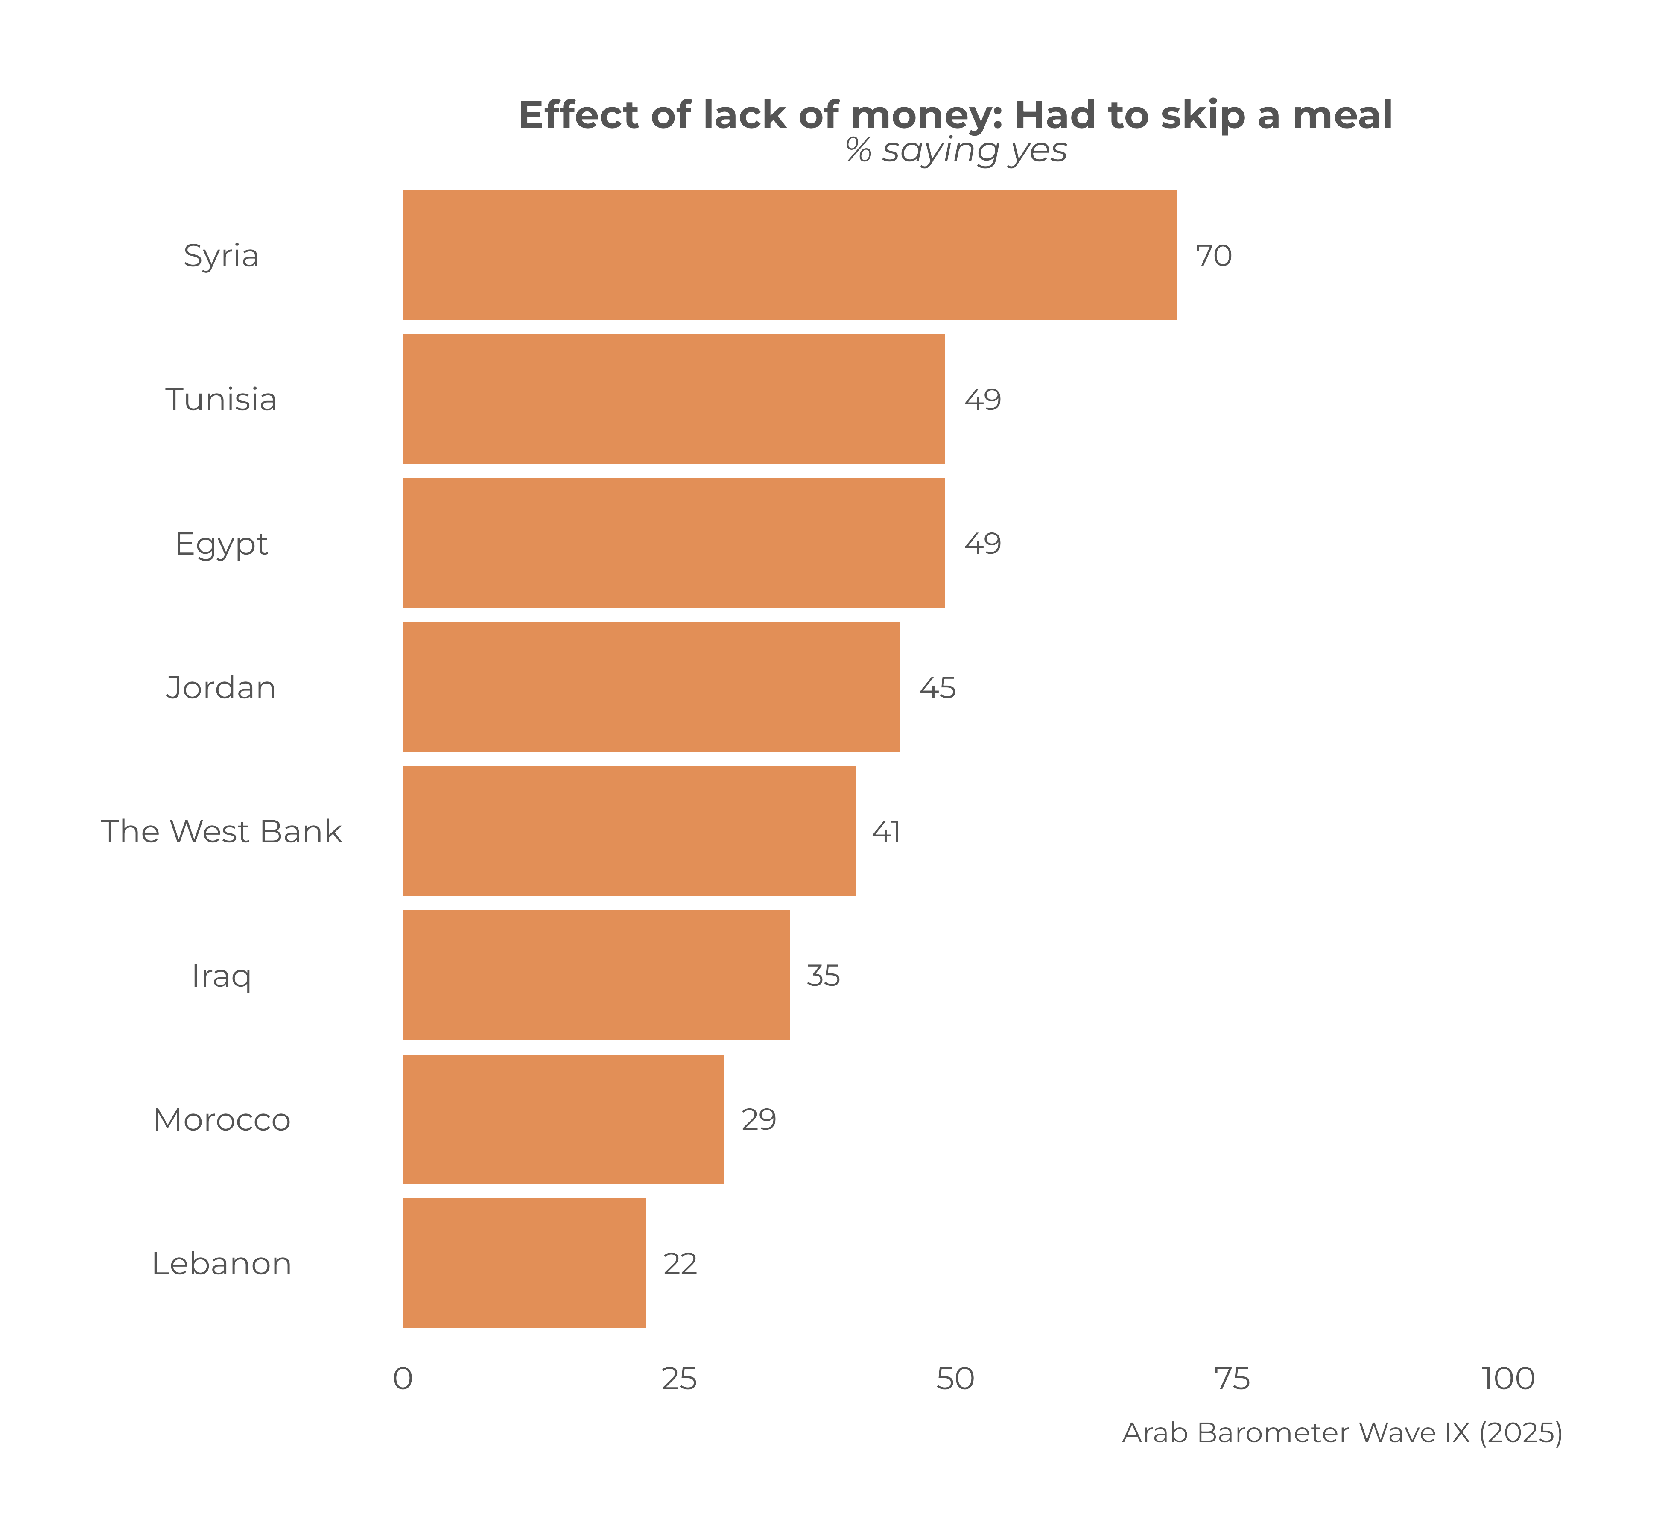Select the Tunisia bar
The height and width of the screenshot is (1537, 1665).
pos(673,399)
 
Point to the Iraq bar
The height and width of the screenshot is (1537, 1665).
pos(596,975)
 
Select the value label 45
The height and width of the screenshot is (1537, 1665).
pos(937,688)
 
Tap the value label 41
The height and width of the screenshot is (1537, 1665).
pos(886,832)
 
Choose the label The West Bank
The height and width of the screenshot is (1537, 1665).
pos(221,832)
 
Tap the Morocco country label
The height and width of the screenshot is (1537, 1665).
pos(221,1119)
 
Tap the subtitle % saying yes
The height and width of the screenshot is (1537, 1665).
pos(955,151)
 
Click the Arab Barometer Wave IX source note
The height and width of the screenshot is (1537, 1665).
pos(1341,1433)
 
